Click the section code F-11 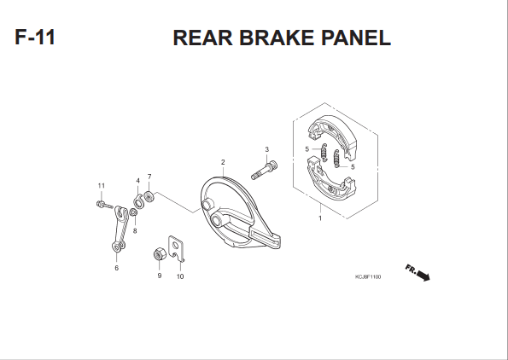35,37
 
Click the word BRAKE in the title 277,38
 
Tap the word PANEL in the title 356,38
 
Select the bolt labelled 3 265,171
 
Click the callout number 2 223,162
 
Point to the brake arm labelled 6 120,228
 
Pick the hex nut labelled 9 160,254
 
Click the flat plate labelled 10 176,248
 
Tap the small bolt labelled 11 105,205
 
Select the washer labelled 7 149,196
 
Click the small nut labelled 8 133,212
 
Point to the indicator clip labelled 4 138,202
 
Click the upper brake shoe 332,136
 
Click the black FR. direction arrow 423,276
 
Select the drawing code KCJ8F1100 368,276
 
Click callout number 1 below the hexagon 320,218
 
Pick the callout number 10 180,276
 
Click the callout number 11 102,186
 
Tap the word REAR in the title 203,38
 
